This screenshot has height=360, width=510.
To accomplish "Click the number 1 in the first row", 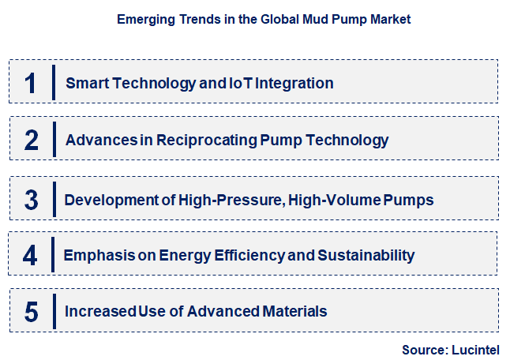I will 31,83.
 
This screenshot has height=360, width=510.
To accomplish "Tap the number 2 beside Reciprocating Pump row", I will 32,141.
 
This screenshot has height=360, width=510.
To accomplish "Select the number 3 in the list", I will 32,200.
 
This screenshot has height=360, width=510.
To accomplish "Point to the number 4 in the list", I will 30,255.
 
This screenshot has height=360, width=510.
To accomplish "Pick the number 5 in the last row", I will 32,312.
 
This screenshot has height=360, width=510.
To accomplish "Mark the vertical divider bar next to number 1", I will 53,83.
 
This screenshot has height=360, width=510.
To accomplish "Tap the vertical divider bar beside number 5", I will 53,312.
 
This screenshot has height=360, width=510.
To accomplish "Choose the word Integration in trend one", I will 294,83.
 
